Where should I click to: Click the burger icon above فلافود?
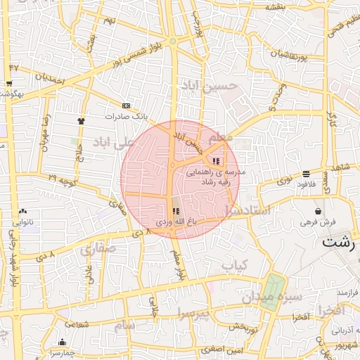click(306, 174)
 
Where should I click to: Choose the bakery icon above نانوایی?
click(23, 210)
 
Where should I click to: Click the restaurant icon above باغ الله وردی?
click(175, 210)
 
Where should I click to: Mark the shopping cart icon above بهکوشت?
click(9, 84)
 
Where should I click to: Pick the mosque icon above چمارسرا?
click(61, 343)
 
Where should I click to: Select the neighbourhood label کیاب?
click(236, 266)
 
